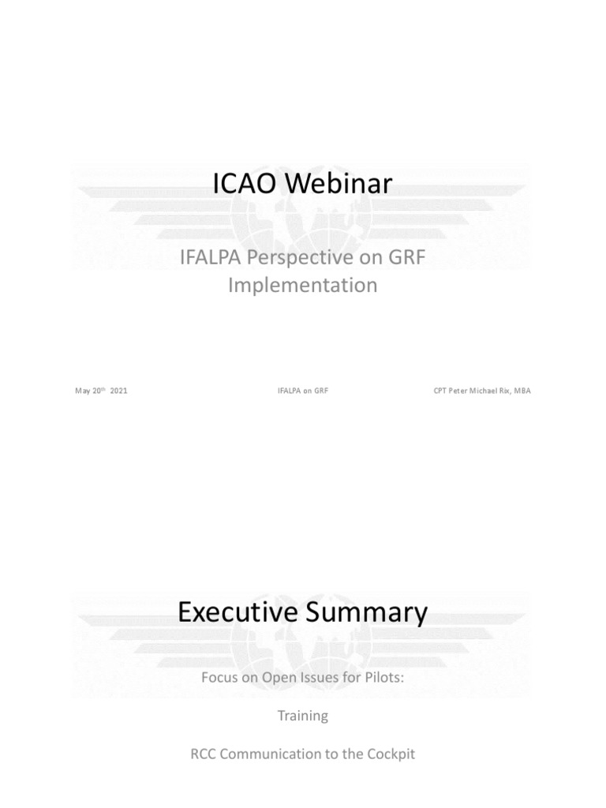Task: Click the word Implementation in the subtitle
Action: (303, 285)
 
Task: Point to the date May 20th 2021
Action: (101, 391)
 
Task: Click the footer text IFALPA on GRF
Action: (303, 391)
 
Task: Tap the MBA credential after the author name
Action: (522, 391)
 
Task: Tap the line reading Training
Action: (303, 716)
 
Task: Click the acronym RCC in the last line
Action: (207, 754)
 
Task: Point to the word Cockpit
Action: (387, 754)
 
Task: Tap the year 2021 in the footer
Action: (119, 391)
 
